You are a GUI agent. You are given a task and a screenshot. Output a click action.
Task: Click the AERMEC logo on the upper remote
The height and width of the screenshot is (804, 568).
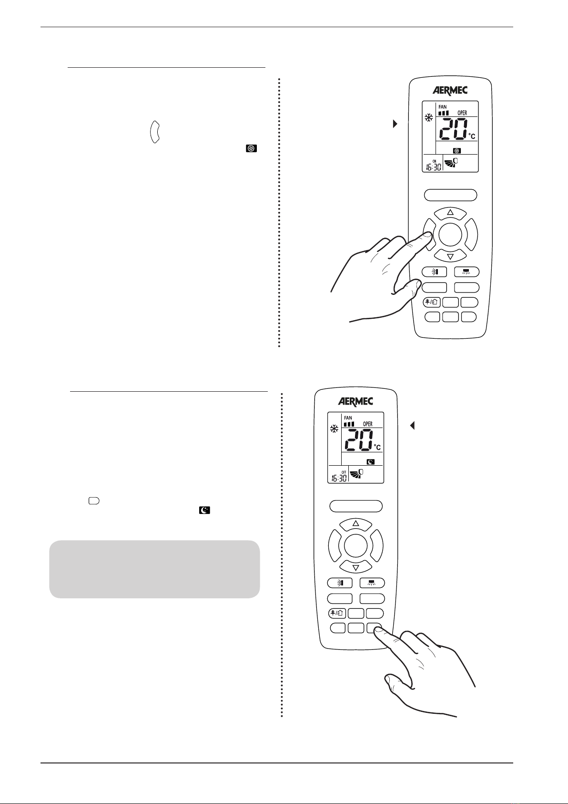tap(450, 90)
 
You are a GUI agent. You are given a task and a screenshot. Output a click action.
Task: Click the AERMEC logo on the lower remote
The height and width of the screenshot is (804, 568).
tap(356, 401)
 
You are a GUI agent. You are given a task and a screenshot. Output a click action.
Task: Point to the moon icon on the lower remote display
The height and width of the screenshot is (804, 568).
tap(370, 462)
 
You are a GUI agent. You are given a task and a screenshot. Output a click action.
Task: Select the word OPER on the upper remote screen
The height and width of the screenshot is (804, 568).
tap(462, 113)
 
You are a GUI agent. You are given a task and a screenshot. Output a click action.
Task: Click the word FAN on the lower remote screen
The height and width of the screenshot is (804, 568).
tap(348, 418)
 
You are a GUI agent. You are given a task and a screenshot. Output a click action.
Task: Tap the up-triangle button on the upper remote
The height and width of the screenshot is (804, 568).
tap(450, 212)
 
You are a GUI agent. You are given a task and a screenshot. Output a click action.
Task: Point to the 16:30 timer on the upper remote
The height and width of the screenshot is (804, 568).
tap(432, 168)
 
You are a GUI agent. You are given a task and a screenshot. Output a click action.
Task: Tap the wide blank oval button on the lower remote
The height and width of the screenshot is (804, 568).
tap(356, 506)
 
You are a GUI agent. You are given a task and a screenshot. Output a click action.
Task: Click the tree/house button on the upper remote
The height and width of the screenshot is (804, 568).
tap(432, 302)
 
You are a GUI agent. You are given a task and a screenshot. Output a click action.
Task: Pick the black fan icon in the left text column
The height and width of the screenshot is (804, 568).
tap(251, 149)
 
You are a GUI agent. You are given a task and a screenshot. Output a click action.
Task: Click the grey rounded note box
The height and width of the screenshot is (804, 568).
tap(154, 569)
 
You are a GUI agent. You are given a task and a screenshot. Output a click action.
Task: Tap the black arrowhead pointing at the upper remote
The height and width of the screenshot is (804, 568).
tap(395, 124)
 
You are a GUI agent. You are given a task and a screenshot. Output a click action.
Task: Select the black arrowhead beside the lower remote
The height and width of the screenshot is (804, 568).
tap(413, 426)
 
